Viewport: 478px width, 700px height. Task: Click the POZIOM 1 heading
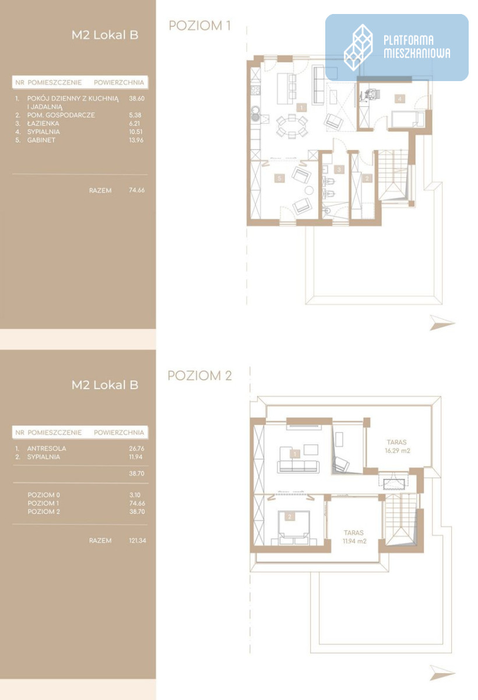199,26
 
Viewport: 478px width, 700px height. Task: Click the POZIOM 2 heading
199,376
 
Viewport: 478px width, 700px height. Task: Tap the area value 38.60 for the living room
137,99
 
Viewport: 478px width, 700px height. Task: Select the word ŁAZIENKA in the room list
43,124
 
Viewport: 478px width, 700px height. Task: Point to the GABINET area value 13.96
136,140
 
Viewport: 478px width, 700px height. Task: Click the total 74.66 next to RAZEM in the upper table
137,190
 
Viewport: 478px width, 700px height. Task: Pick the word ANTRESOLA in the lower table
47,449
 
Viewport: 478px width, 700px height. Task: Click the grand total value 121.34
138,540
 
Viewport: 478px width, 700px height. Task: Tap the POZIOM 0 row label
44,495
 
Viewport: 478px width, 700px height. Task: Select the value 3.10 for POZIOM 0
135,495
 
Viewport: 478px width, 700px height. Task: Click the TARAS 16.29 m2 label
397,446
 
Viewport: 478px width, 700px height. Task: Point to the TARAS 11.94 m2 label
354,537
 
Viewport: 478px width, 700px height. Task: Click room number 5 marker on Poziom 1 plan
279,178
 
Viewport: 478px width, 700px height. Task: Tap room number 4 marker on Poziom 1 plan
400,99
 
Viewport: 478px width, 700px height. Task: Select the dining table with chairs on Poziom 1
291,125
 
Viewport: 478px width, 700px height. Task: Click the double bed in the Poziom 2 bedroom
294,528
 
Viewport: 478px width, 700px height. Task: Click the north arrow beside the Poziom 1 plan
442,323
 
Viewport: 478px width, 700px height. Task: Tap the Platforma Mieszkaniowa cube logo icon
358,47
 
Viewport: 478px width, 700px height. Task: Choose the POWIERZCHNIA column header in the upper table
119,82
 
